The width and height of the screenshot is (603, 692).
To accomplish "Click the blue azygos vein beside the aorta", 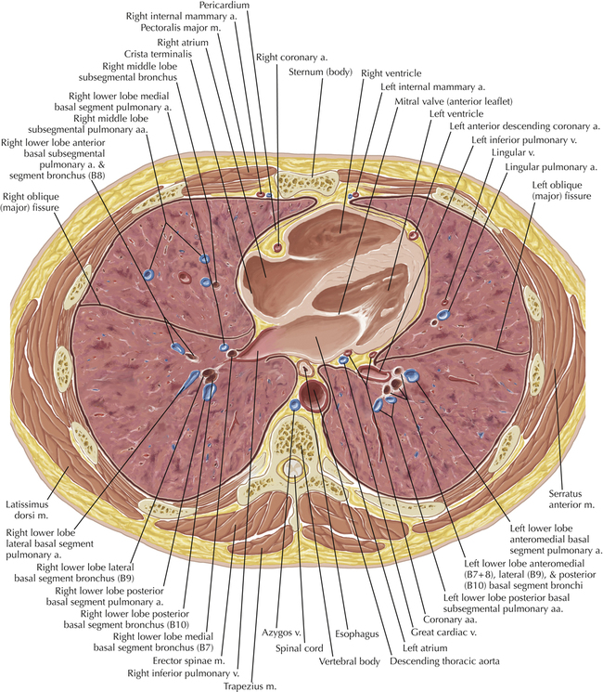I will [x=294, y=405].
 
